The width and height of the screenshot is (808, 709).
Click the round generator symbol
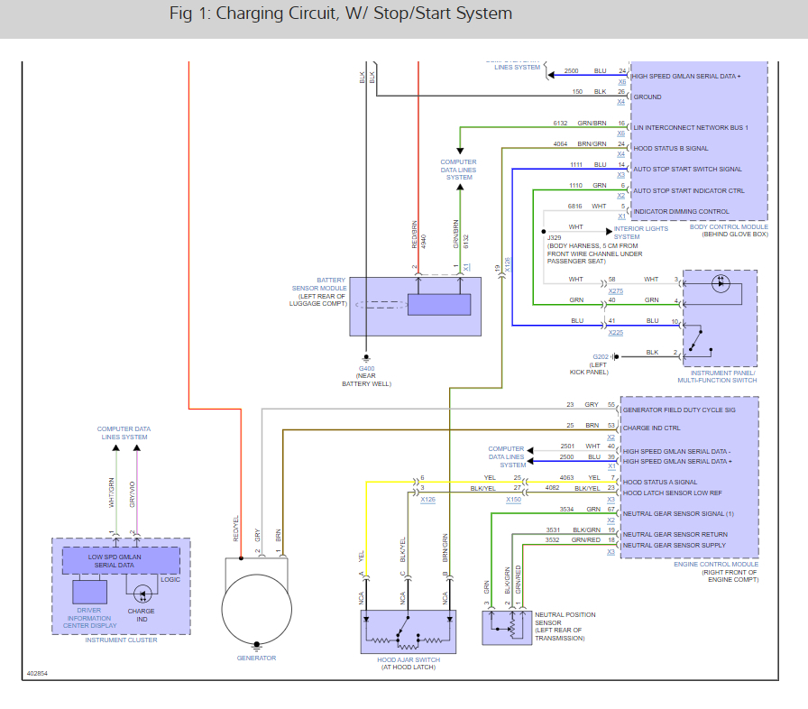pos(257,604)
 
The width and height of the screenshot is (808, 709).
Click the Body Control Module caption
pos(729,231)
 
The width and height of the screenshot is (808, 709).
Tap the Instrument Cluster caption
pos(121,640)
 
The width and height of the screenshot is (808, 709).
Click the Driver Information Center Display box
pos(89,593)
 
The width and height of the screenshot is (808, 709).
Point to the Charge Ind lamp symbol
pos(142,594)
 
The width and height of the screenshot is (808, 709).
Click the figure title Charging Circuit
pos(340,14)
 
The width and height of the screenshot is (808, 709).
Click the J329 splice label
pos(555,237)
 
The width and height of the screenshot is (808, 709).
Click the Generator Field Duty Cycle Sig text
pos(680,410)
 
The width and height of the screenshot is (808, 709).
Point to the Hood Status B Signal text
pos(671,148)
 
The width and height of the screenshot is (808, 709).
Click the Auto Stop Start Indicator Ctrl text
pos(689,191)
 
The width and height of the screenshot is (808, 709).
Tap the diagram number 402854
pos(38,673)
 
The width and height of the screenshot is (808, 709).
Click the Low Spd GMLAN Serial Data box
pos(120,560)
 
